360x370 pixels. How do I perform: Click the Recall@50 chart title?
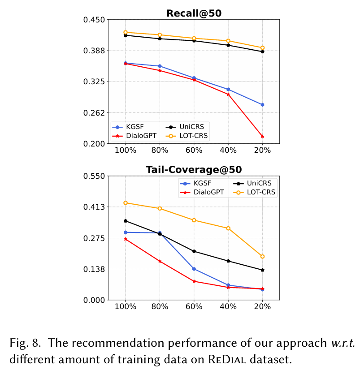pos(194,13)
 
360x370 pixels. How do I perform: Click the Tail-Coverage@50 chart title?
pos(194,170)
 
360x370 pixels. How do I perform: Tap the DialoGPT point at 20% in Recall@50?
pos(262,136)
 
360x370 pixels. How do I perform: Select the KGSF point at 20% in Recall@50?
pos(262,104)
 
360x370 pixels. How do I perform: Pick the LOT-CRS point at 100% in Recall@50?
pos(126,32)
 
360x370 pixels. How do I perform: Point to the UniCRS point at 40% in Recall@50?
pos(228,45)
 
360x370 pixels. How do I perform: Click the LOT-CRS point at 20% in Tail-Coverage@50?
pos(262,257)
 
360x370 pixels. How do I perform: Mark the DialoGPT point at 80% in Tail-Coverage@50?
pos(160,261)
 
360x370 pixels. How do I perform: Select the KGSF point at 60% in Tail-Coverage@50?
pos(194,269)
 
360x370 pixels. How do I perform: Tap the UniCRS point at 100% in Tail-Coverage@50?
pos(126,221)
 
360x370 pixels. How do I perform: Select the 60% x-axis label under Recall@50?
pos(194,151)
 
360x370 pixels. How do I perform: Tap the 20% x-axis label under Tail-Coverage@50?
pos(262,307)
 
